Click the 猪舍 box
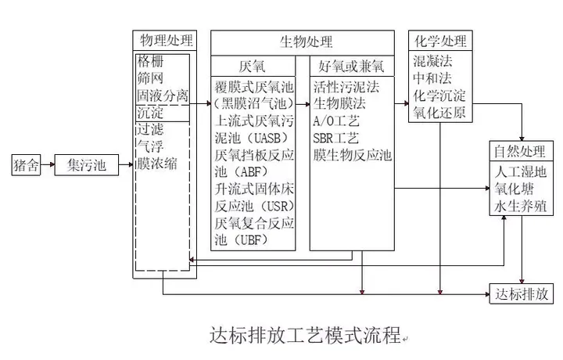[x=26, y=165]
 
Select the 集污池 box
[x=87, y=165]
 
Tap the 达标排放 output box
[x=522, y=294]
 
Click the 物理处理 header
[x=165, y=40]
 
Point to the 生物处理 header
[x=303, y=43]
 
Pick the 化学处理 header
[x=440, y=41]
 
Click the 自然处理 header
[x=522, y=151]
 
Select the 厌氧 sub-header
[x=253, y=66]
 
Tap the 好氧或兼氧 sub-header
[x=352, y=66]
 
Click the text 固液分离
[x=163, y=95]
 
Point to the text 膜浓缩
[x=157, y=164]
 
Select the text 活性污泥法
[x=346, y=87]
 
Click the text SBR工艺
[x=335, y=138]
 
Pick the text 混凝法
[x=432, y=61]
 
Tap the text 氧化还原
[x=439, y=113]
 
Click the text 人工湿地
[x=521, y=171]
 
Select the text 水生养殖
[x=521, y=207]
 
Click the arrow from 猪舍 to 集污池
[x=48, y=164]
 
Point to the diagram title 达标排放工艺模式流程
[x=305, y=335]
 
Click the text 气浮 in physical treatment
[x=150, y=146]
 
